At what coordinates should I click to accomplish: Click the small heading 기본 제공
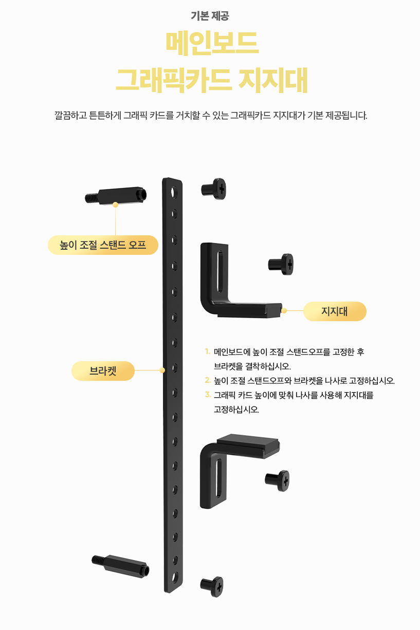click(x=210, y=16)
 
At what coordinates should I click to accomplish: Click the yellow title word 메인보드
click(x=211, y=44)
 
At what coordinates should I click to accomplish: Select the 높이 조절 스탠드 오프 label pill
click(x=103, y=245)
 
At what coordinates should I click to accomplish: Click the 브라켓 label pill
click(x=103, y=370)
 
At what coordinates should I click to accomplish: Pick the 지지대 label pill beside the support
click(x=335, y=311)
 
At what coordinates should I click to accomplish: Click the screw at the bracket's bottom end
click(x=212, y=585)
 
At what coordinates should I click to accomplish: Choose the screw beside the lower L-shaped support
click(x=278, y=479)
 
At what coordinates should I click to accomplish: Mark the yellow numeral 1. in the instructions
click(x=207, y=352)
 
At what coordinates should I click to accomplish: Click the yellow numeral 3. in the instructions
click(x=208, y=395)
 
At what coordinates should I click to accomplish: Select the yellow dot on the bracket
click(x=162, y=370)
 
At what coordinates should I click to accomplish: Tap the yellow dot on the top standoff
click(x=116, y=205)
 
